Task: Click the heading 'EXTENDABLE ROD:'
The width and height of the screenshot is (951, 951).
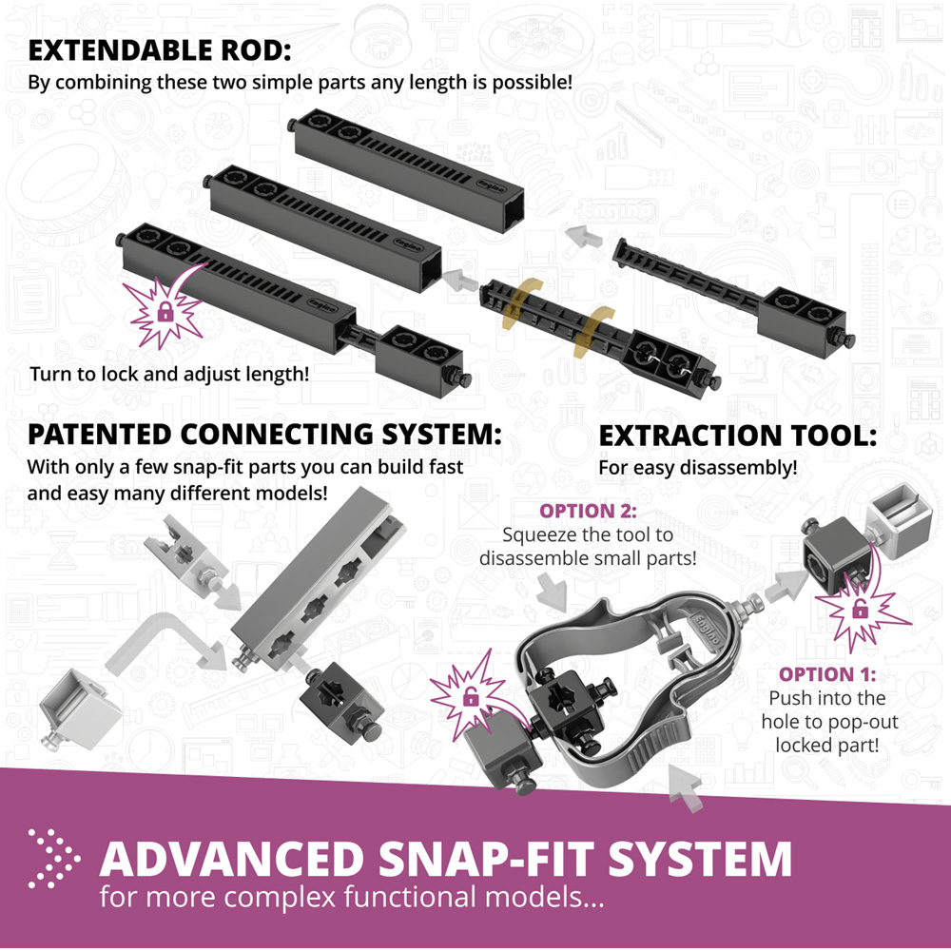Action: point(160,50)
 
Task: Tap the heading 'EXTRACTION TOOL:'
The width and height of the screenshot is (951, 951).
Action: point(738,436)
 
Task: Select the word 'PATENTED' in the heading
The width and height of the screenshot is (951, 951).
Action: point(98,435)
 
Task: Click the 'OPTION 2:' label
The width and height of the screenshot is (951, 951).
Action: point(588,512)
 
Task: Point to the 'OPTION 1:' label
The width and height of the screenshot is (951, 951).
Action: point(827,674)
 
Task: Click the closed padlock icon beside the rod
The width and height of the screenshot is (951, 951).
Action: point(165,312)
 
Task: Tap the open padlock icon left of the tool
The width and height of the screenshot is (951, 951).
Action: point(470,697)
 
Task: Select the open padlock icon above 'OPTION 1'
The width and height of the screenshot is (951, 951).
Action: point(860,609)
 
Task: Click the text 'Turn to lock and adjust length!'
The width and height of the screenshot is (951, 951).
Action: point(170,374)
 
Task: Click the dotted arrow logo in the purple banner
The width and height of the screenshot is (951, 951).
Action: point(54,858)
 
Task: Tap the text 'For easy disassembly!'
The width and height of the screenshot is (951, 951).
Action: point(697,468)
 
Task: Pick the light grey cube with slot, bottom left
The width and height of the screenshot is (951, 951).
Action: point(80,708)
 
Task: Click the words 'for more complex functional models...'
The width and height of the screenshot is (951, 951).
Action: point(352,897)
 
